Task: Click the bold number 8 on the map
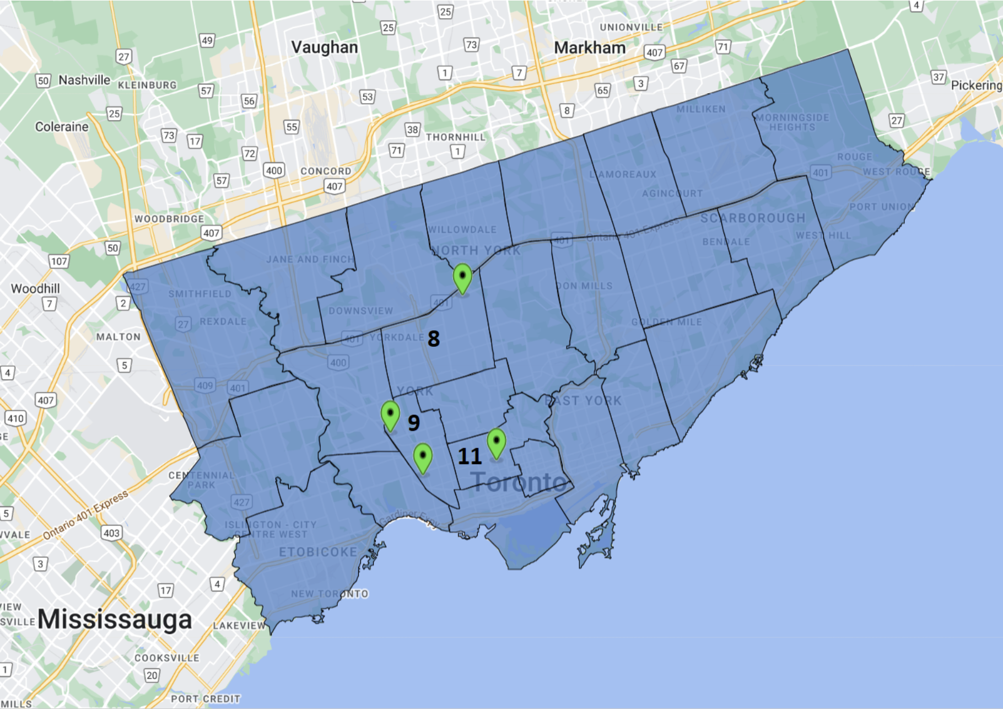[434, 339]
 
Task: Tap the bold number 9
[413, 423]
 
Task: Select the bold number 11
[470, 456]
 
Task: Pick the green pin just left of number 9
[390, 415]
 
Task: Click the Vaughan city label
[325, 47]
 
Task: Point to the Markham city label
[590, 48]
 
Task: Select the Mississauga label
[115, 619]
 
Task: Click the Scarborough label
[753, 218]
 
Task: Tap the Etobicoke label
[318, 552]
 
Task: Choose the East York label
[583, 401]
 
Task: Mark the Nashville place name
[84, 80]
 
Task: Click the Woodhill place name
[35, 288]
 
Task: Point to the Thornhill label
[455, 137]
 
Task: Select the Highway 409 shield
[204, 385]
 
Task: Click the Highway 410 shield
[15, 418]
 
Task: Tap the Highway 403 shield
[111, 533]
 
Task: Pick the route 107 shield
[59, 261]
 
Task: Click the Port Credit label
[206, 699]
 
